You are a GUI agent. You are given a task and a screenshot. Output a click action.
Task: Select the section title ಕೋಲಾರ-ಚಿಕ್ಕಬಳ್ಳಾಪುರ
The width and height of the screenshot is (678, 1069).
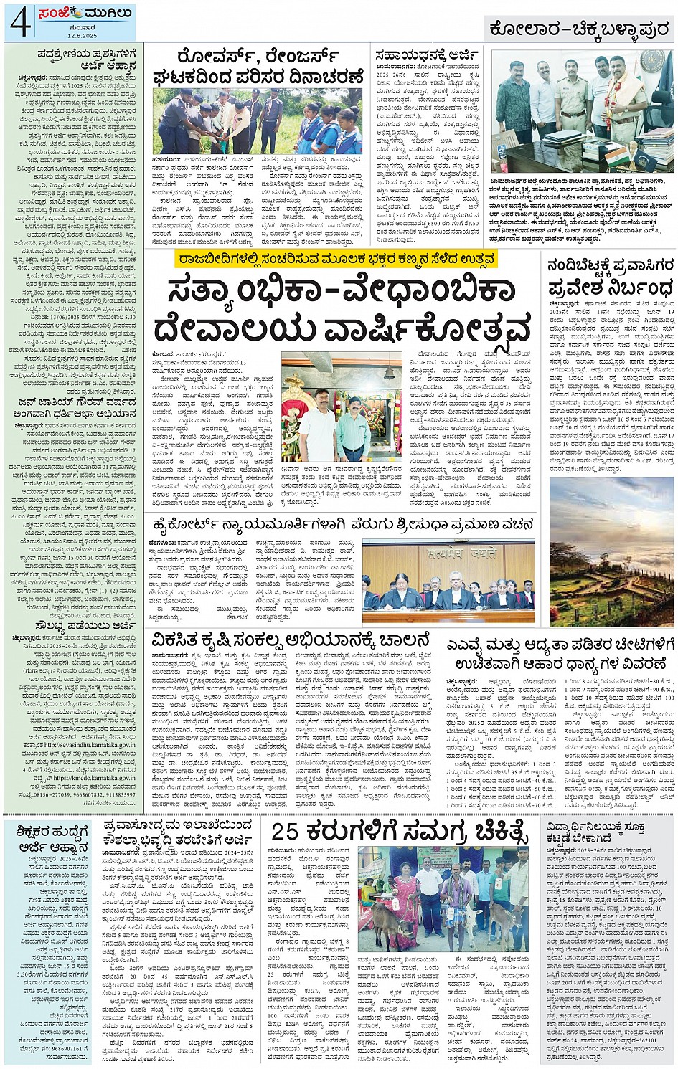(579, 29)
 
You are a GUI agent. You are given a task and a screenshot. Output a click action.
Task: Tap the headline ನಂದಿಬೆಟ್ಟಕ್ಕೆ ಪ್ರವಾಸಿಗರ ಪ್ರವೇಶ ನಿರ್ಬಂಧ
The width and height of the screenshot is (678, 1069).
(611, 277)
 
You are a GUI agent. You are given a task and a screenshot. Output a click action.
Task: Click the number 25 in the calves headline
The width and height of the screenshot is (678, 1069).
(285, 832)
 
